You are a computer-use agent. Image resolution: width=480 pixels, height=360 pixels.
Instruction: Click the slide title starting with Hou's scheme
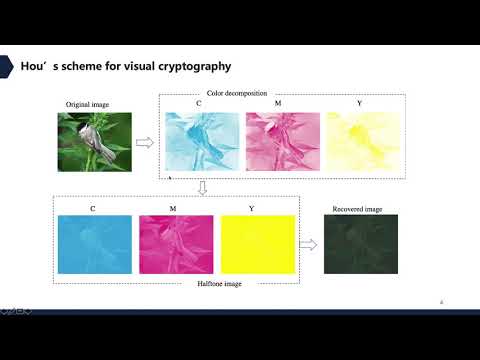(126, 66)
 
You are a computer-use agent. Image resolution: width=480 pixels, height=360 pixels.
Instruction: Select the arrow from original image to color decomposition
(145, 143)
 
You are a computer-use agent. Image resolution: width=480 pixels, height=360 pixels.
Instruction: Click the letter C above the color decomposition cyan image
(198, 104)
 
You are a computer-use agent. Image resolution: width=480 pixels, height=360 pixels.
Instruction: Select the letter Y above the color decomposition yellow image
(359, 104)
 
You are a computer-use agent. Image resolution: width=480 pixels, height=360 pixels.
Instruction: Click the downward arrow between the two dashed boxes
(203, 187)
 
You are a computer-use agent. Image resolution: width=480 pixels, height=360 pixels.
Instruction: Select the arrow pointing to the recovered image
(308, 245)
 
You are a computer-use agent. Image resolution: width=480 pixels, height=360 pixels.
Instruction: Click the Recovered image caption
(361, 208)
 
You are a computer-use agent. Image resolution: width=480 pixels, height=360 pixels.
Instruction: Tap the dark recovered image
(361, 245)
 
